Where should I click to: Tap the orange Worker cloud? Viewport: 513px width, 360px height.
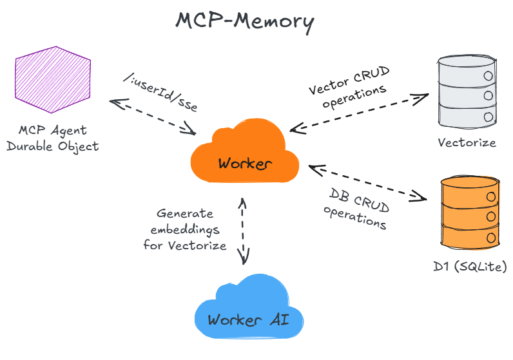(244, 156)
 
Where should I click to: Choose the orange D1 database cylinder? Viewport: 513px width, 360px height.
(470, 213)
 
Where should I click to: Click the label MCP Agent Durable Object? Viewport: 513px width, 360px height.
(52, 138)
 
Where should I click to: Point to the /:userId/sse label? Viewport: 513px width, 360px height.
(159, 93)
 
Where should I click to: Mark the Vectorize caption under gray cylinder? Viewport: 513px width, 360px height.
(467, 142)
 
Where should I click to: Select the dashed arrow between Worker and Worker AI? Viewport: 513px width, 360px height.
(243, 231)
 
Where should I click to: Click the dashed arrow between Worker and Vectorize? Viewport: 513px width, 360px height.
(358, 113)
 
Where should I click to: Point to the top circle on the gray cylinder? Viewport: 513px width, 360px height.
(487, 76)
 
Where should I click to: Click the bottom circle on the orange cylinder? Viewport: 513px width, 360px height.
(490, 238)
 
